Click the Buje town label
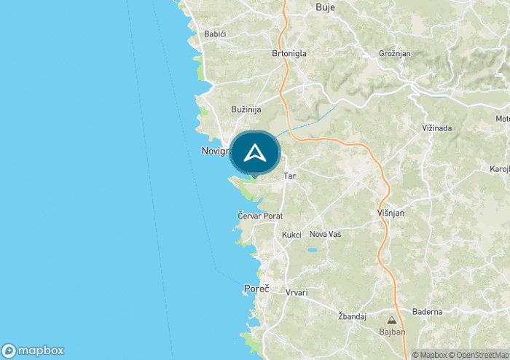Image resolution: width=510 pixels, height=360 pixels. point(325,7)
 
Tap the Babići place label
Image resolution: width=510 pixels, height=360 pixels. point(216,34)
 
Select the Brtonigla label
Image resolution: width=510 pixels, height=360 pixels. point(289,53)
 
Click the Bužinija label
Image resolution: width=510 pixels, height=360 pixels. point(246,109)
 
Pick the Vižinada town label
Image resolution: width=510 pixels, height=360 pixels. point(437,128)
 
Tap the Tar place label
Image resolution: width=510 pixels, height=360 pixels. point(290,176)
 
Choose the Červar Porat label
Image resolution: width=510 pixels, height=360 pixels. point(260,216)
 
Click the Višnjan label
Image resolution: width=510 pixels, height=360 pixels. point(391,213)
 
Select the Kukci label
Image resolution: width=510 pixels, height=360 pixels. point(291,235)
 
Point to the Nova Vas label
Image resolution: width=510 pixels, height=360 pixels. point(325,234)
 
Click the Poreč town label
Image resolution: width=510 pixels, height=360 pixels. point(256,289)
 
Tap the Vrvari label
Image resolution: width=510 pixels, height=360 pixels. point(297,292)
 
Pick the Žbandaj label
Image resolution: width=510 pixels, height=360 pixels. point(351,316)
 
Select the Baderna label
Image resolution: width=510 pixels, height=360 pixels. point(427,312)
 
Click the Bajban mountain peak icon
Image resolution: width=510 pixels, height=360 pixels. point(391,320)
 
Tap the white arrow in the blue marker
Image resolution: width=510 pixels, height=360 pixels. point(254,153)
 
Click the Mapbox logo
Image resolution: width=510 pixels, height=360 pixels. point(34,351)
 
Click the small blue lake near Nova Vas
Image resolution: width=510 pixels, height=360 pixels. point(313,250)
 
